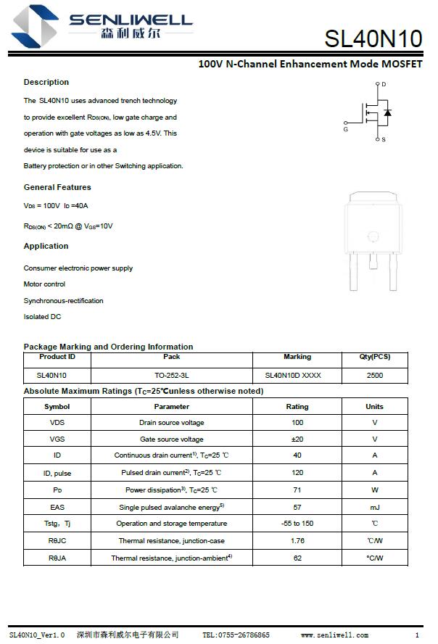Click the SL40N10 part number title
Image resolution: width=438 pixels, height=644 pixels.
click(x=373, y=38)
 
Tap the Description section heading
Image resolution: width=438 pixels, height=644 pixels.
click(x=46, y=82)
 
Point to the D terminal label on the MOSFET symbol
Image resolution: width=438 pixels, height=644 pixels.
click(x=384, y=85)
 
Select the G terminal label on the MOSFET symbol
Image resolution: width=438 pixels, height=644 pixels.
click(x=345, y=129)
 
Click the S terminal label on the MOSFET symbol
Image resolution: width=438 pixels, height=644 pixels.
click(x=384, y=139)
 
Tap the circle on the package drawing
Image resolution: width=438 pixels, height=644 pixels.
click(x=373, y=236)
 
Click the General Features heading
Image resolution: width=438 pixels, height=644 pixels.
click(x=57, y=187)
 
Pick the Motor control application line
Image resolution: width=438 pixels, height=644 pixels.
click(x=44, y=284)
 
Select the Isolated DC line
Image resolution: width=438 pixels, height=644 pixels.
click(x=42, y=317)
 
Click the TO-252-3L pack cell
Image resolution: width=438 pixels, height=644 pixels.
click(x=172, y=376)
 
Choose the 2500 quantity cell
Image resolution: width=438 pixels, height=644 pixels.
click(x=375, y=376)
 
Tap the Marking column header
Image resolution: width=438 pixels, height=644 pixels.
click(x=297, y=357)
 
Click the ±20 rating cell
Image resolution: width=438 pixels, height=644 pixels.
click(x=297, y=439)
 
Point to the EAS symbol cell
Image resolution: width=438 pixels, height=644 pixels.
click(x=57, y=507)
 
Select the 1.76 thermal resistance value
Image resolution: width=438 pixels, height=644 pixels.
click(x=297, y=541)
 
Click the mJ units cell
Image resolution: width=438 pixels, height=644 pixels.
click(x=375, y=507)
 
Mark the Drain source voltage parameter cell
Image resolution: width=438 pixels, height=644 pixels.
click(x=172, y=423)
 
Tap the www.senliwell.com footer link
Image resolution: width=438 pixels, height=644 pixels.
click(x=335, y=635)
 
